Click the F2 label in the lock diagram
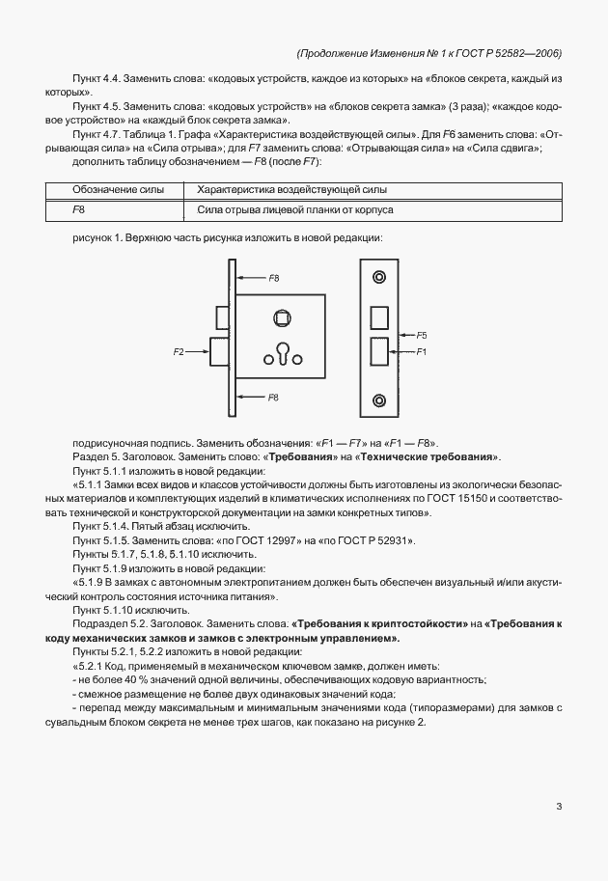tap(179, 353)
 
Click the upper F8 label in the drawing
tap(274, 278)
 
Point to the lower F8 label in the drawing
tap(274, 397)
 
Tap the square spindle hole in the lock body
tap(283, 317)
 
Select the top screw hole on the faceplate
tap(379, 278)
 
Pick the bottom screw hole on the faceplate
tap(379, 399)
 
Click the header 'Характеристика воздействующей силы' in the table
tap(291, 190)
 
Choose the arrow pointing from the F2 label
tap(199, 353)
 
